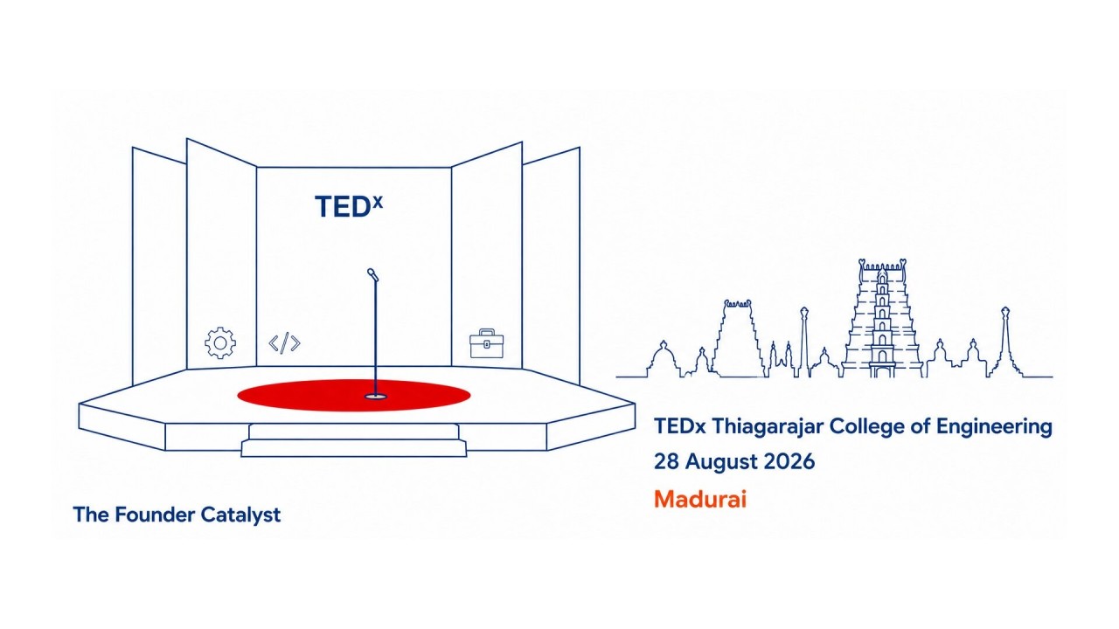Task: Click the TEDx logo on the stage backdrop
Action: click(349, 205)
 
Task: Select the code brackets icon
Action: click(285, 343)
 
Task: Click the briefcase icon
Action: click(487, 343)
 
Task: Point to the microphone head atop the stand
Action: click(372, 274)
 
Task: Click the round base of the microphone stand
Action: click(376, 397)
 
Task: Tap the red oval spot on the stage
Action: click(354, 396)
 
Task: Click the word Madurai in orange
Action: click(700, 499)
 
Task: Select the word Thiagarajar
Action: click(768, 427)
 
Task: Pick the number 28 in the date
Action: click(666, 461)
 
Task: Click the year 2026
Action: click(789, 461)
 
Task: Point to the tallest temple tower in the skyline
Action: click(882, 318)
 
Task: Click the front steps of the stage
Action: click(354, 439)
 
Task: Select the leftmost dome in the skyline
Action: click(663, 359)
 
